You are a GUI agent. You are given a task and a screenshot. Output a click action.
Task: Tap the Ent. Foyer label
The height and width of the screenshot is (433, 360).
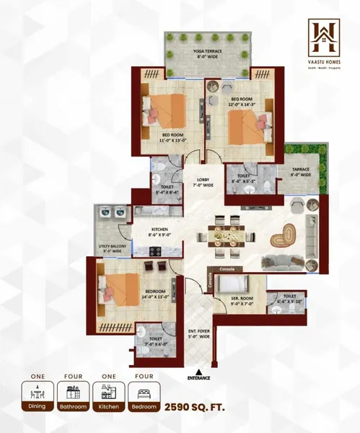[x=199, y=333]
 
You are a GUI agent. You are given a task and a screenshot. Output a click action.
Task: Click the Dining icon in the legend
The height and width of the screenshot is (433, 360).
[x=40, y=393]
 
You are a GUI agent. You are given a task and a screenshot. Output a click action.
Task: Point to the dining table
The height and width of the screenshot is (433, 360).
[x=228, y=234]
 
